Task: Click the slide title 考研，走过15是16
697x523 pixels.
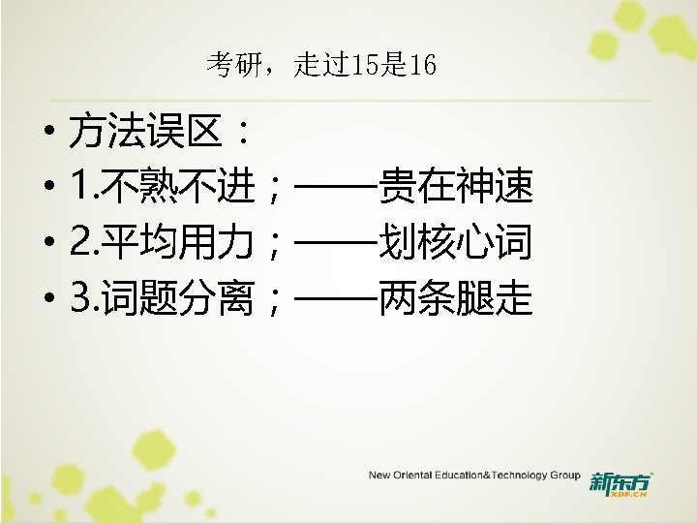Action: pyautogui.click(x=320, y=66)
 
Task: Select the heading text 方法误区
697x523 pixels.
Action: pyautogui.click(x=146, y=133)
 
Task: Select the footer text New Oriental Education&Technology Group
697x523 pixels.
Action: pyautogui.click(x=473, y=476)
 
